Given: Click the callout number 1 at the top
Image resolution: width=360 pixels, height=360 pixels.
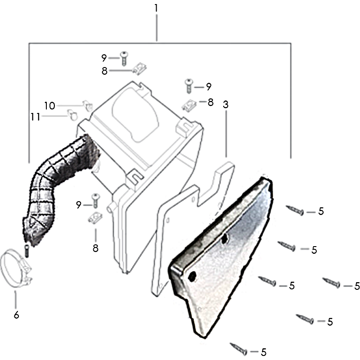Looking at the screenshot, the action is point(156,8).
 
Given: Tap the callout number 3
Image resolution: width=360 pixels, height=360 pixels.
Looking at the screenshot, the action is point(226,105).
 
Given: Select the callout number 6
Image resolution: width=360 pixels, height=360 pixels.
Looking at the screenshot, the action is point(16,315).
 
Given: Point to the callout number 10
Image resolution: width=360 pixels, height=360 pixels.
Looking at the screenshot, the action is point(49,106).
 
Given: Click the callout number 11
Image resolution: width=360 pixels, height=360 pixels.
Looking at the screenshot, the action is point(36,117).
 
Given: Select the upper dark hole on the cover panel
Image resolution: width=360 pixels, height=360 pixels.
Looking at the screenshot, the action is point(224,239).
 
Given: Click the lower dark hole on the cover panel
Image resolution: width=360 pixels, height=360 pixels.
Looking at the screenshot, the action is point(192,276).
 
